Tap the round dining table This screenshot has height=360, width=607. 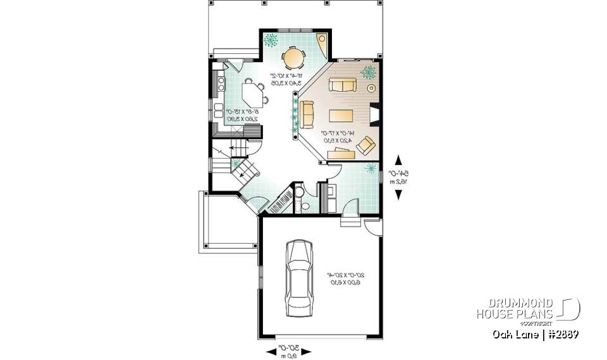[x=294, y=58]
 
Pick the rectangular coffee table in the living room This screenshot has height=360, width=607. [x=341, y=115]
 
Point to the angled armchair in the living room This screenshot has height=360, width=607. [x=365, y=146]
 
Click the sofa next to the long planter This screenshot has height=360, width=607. [x=307, y=114]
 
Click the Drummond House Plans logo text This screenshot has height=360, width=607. [x=515, y=309]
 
